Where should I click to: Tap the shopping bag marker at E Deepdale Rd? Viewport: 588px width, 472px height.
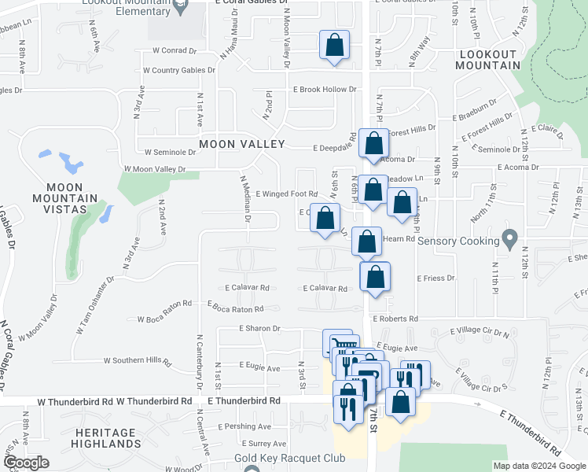coord(373,143)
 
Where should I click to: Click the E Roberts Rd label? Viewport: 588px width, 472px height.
coord(394,319)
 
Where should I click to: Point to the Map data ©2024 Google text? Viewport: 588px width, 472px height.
coord(538,466)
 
